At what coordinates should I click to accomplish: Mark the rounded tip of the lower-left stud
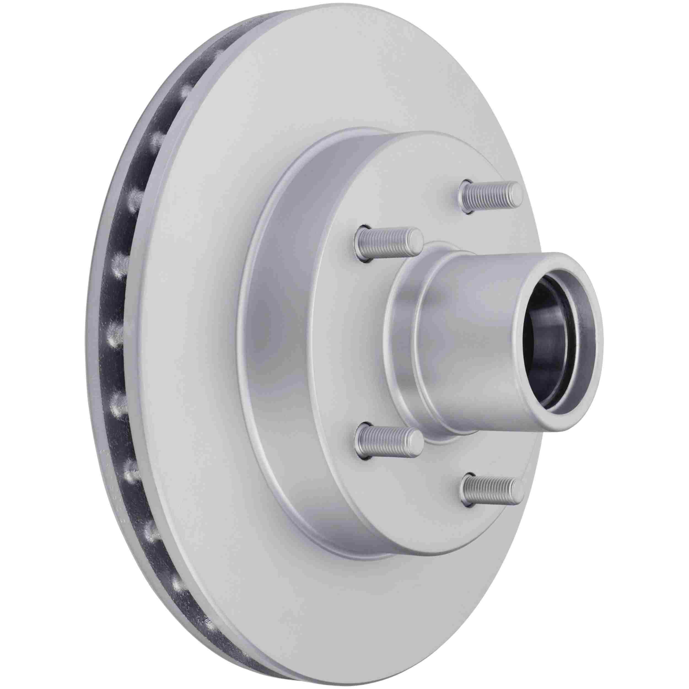click(x=415, y=439)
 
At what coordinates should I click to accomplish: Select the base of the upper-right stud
click(x=466, y=201)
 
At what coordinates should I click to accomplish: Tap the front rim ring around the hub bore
click(x=592, y=321)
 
